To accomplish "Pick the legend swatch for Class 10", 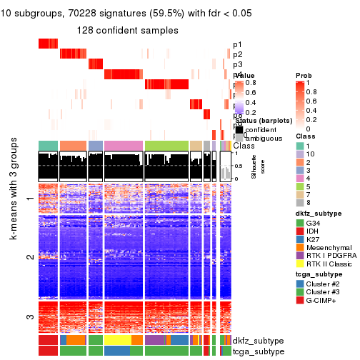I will click(300, 155).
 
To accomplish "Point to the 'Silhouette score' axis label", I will click(252, 166).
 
